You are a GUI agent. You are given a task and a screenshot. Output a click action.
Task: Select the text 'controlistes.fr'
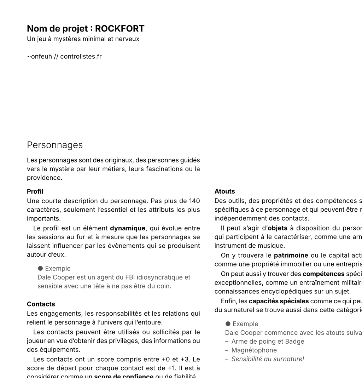(81, 56)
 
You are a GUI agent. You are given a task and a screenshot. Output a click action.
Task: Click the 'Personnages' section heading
(55, 145)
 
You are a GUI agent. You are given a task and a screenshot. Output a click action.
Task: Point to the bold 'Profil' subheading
(35, 191)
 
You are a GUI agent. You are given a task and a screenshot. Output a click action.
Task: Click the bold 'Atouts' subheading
(224, 191)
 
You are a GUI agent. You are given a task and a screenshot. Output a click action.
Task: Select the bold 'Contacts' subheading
(41, 304)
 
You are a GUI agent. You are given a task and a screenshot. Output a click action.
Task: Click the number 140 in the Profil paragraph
(194, 201)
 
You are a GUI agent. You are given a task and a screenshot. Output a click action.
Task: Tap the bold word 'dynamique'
(128, 228)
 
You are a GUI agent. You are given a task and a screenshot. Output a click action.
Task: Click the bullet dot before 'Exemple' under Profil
(40, 269)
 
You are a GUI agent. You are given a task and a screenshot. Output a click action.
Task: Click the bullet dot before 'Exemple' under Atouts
(228, 324)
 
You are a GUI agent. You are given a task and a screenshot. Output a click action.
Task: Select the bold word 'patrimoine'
(291, 255)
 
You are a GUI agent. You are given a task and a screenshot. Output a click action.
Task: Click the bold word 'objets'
(278, 228)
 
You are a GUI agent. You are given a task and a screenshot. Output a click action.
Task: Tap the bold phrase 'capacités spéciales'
(279, 301)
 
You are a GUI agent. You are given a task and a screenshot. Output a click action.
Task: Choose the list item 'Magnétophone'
(254, 350)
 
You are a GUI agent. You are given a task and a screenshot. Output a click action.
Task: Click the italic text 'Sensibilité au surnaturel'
(268, 359)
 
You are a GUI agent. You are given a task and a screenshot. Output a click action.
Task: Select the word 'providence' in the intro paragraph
(44, 178)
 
